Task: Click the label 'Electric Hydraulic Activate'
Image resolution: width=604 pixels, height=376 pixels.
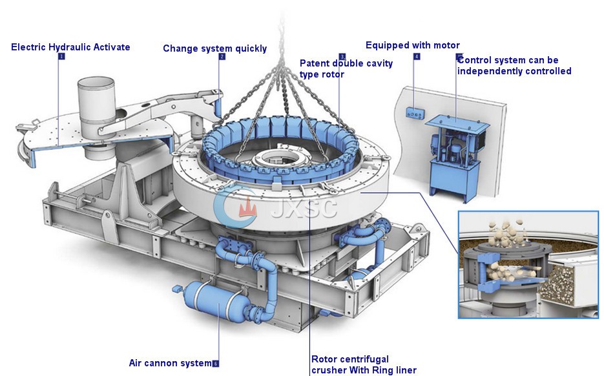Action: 70,47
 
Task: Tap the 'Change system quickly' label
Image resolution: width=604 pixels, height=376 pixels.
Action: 214,48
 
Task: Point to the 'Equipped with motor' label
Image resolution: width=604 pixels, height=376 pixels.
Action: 412,45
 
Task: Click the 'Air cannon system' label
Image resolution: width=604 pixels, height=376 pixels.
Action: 170,363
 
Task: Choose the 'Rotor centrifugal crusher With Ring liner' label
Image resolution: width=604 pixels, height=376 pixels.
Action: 364,365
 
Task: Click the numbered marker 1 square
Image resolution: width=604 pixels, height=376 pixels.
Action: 61,57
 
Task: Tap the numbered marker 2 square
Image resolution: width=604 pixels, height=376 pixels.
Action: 222,57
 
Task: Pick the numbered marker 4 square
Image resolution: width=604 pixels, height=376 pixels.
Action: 417,57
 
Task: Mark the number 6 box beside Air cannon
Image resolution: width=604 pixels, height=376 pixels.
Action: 215,364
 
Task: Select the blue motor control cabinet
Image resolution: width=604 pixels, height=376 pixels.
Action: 456,155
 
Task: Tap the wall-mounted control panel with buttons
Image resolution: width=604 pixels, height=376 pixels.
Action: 413,114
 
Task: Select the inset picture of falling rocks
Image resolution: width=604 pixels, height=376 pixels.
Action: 528,264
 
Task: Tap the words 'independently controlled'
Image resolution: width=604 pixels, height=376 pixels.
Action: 514,71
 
